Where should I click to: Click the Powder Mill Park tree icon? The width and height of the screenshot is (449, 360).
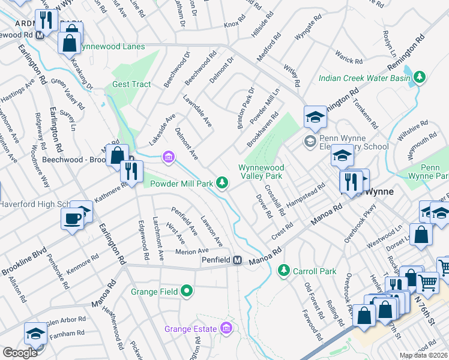(x=222, y=182)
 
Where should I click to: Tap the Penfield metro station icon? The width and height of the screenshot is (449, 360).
(x=238, y=260)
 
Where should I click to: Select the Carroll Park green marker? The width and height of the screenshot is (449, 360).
(x=283, y=271)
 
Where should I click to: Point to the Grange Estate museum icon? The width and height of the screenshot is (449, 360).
(x=226, y=328)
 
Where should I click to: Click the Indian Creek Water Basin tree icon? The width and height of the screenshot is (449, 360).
(x=420, y=77)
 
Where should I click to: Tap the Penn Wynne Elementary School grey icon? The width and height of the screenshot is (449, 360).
(x=310, y=142)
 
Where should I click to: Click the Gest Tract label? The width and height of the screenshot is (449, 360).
(x=131, y=84)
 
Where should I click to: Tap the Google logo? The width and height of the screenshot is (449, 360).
(x=20, y=353)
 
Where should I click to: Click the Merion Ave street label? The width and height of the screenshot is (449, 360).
(x=191, y=251)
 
